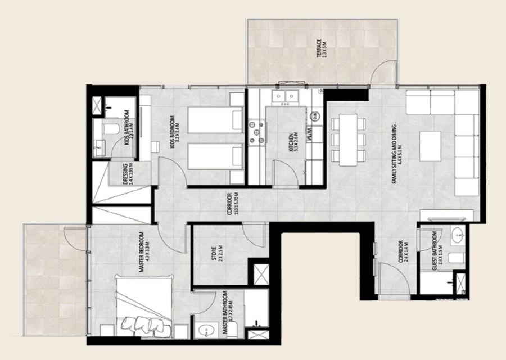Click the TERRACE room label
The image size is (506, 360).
[x=320, y=49]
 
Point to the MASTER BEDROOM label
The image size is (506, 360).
[x=143, y=253]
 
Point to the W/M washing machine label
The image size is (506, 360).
[x=309, y=134]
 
